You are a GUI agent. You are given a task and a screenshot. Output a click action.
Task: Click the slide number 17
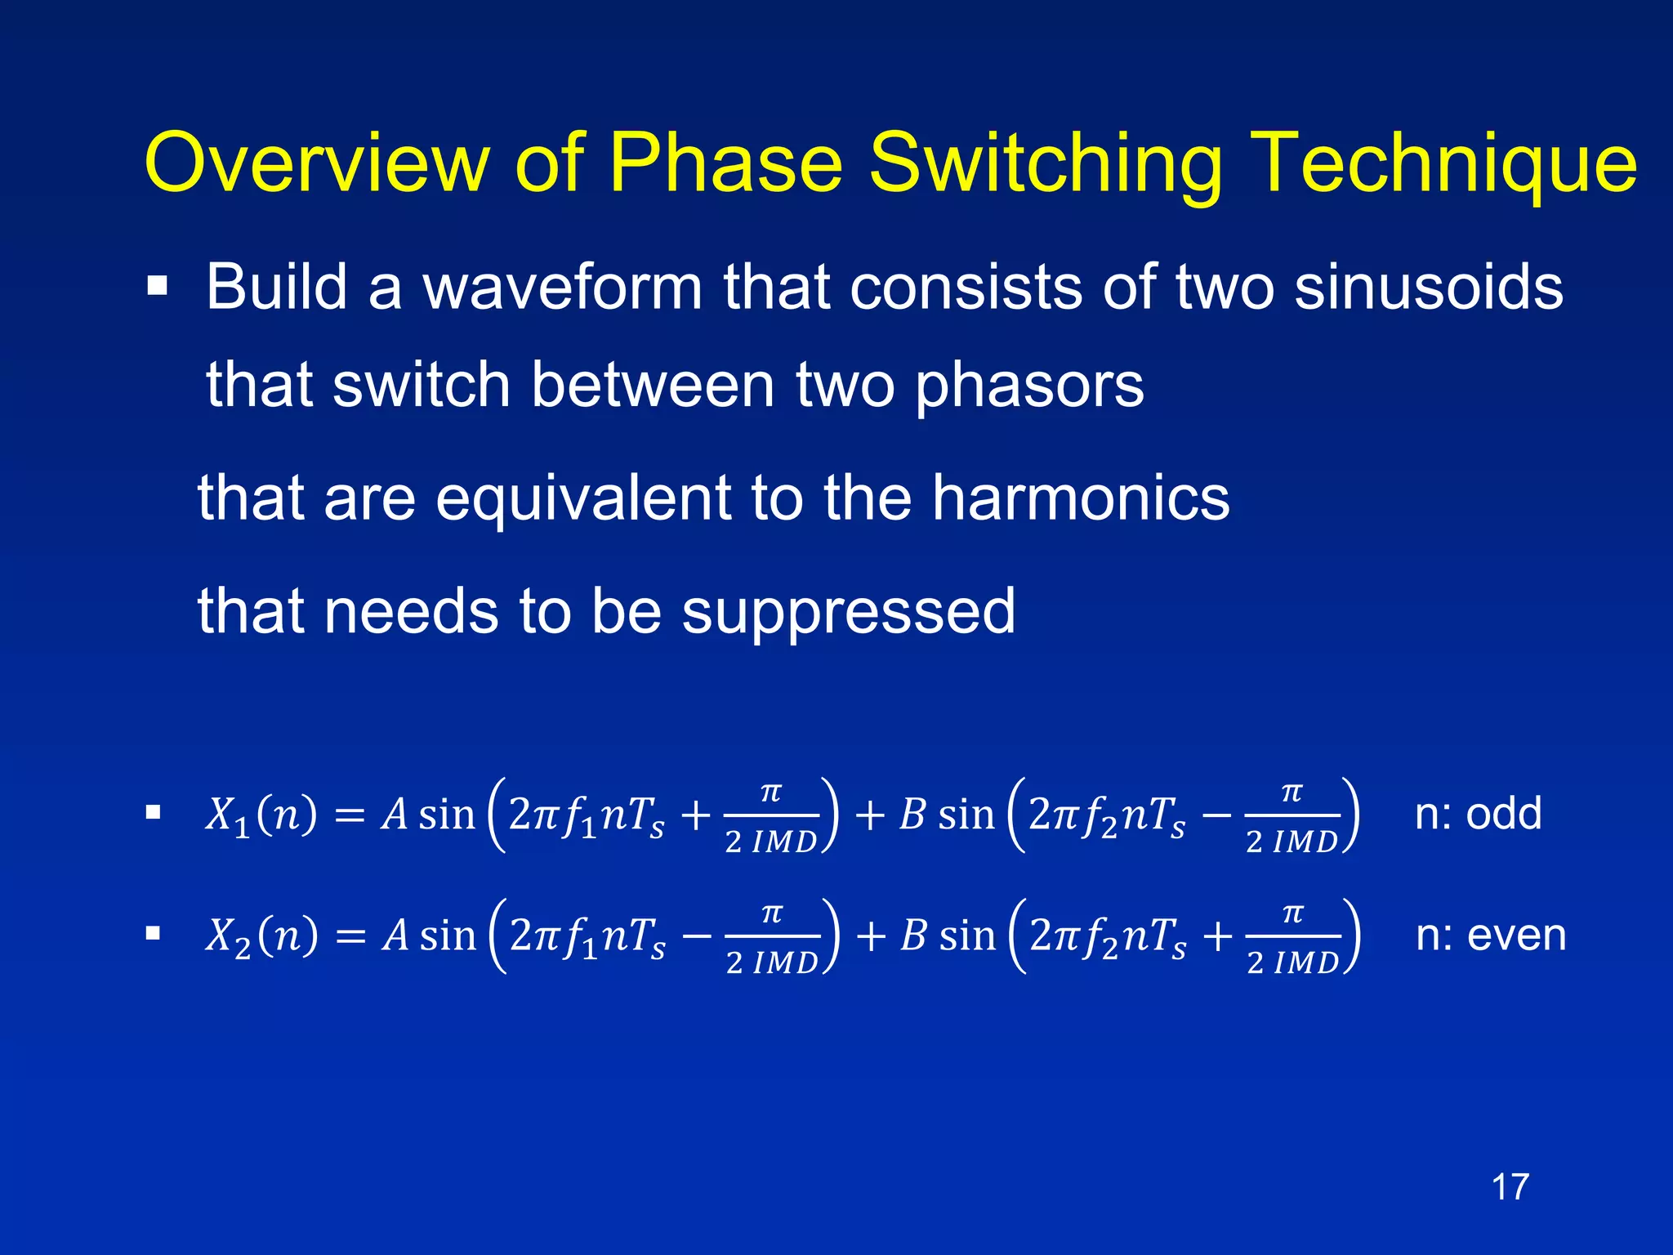(1510, 1186)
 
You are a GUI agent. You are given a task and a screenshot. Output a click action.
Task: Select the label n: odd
(1478, 814)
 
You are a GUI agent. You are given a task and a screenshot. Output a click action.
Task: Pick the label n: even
(1491, 935)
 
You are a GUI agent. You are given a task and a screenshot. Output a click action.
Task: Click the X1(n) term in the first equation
(261, 815)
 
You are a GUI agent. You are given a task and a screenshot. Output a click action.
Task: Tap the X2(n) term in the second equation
(261, 936)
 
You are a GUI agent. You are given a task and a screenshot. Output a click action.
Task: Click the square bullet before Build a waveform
(157, 287)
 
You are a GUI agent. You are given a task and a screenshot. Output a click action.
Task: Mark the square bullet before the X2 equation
(153, 933)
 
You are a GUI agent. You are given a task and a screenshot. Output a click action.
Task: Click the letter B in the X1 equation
(912, 815)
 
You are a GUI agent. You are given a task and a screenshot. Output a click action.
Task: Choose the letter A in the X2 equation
(395, 936)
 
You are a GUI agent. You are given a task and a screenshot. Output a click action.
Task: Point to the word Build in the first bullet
(277, 288)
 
